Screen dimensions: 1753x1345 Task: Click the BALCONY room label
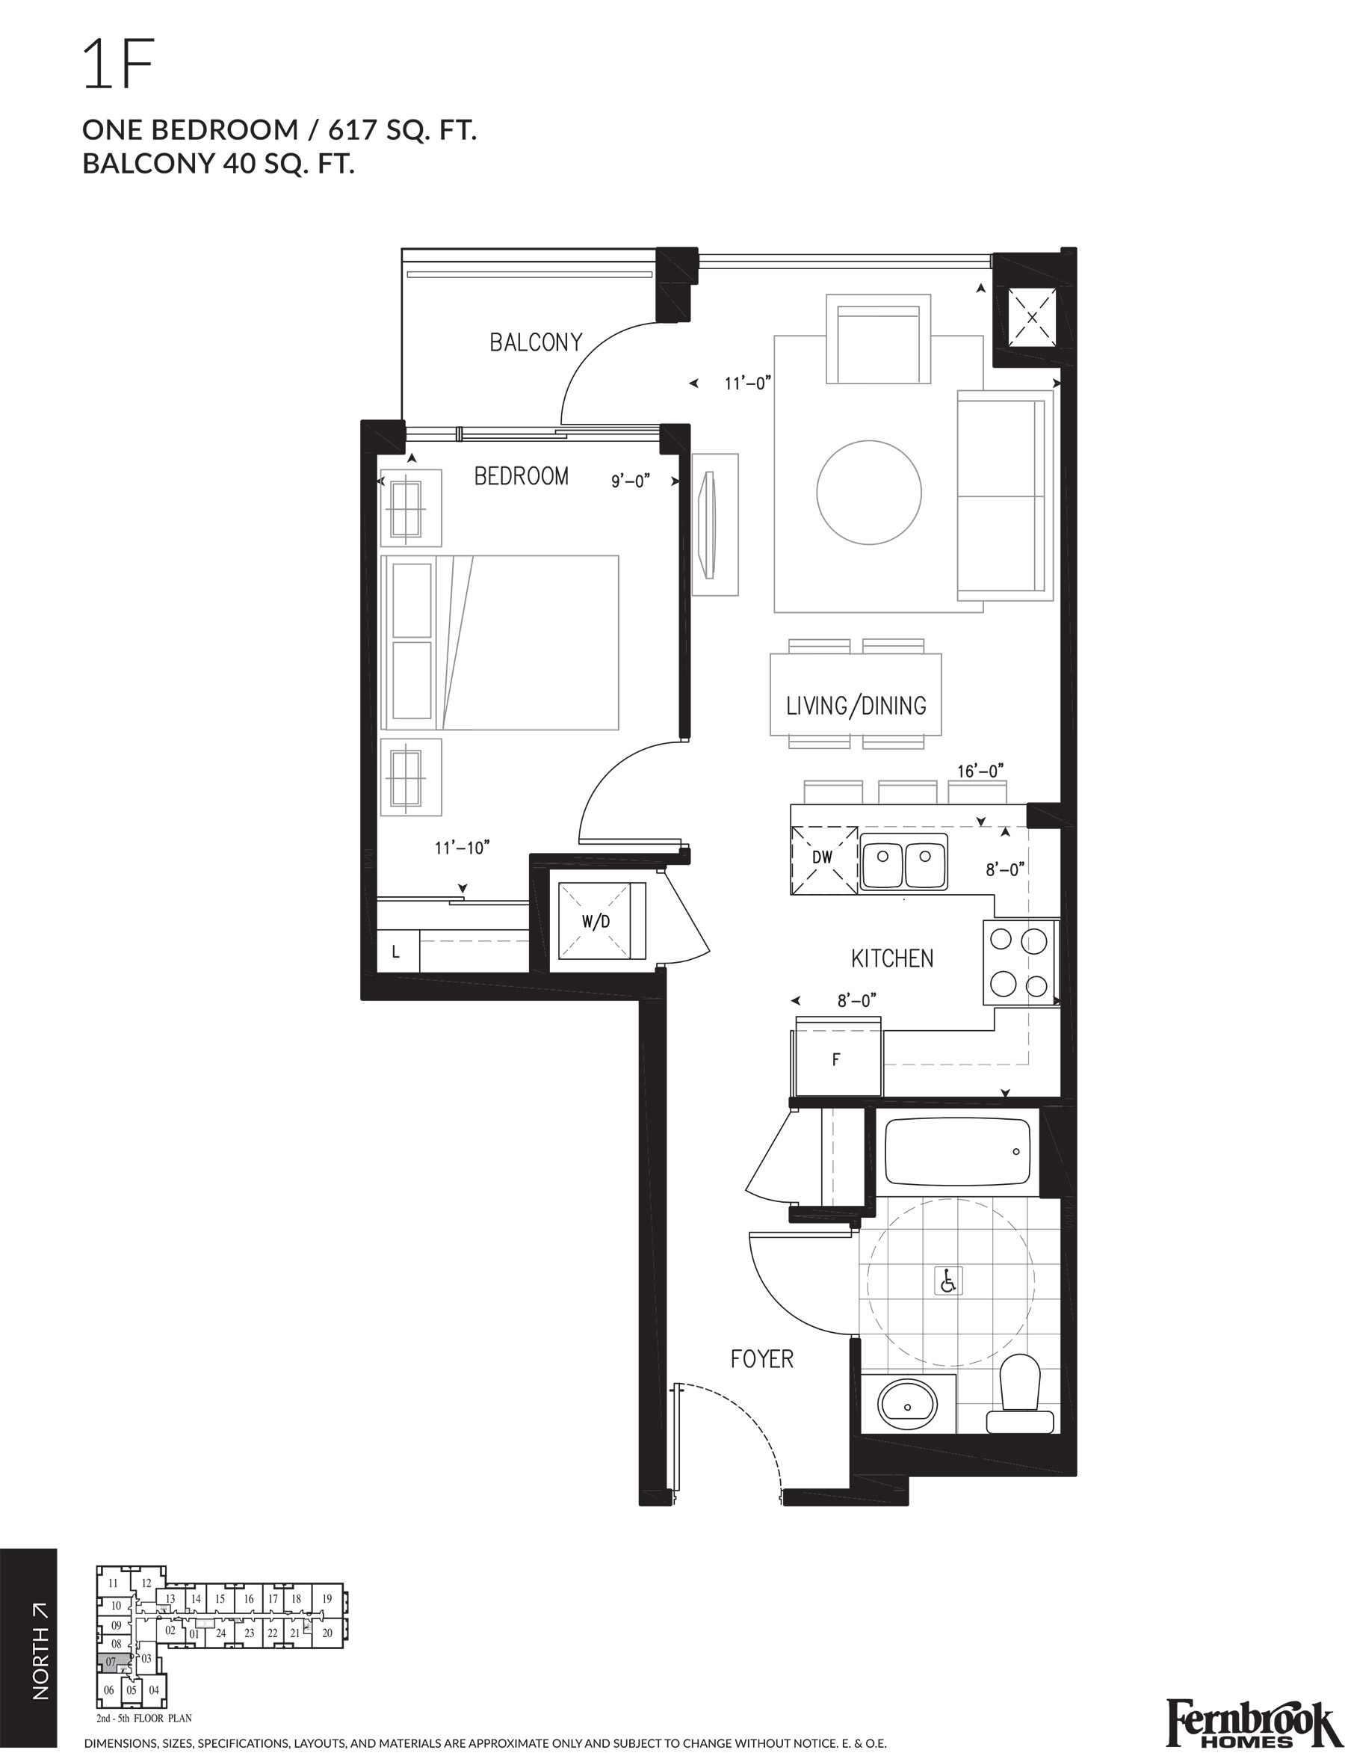(x=536, y=343)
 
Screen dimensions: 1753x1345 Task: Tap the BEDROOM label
(x=522, y=476)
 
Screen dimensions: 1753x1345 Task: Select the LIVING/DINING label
(x=856, y=706)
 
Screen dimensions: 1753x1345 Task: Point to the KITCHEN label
(x=892, y=958)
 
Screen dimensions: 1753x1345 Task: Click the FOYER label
(x=761, y=1359)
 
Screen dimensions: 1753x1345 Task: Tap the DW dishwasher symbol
(x=823, y=857)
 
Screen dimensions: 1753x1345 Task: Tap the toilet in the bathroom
(x=1019, y=1393)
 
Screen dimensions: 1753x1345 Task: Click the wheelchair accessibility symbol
(x=948, y=1282)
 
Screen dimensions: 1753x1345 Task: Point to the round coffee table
(x=868, y=493)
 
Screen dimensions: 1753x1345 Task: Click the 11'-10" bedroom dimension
(x=462, y=847)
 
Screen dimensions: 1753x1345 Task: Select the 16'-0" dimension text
(x=980, y=771)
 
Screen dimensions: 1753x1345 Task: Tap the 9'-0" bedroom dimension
(x=630, y=481)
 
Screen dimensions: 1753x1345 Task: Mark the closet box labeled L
(x=396, y=953)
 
